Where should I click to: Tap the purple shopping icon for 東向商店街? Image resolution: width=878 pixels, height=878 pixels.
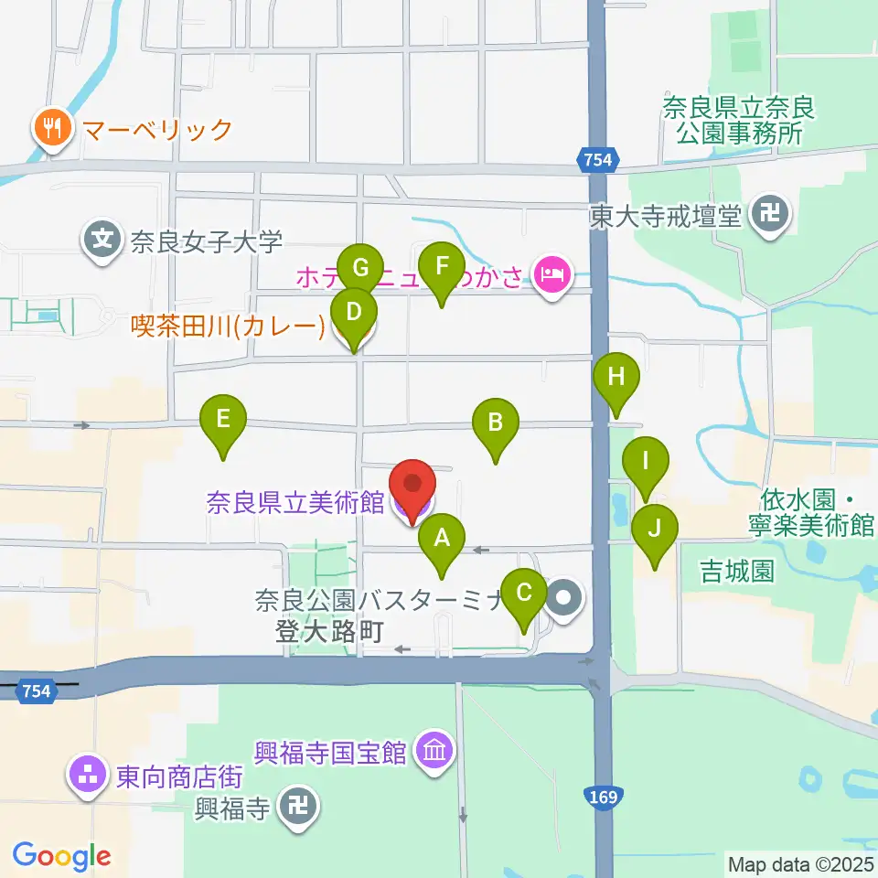pyautogui.click(x=88, y=776)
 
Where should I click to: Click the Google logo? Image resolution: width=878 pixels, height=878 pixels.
pyautogui.click(x=61, y=855)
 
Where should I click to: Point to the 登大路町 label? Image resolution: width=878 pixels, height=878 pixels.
pyautogui.click(x=327, y=631)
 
